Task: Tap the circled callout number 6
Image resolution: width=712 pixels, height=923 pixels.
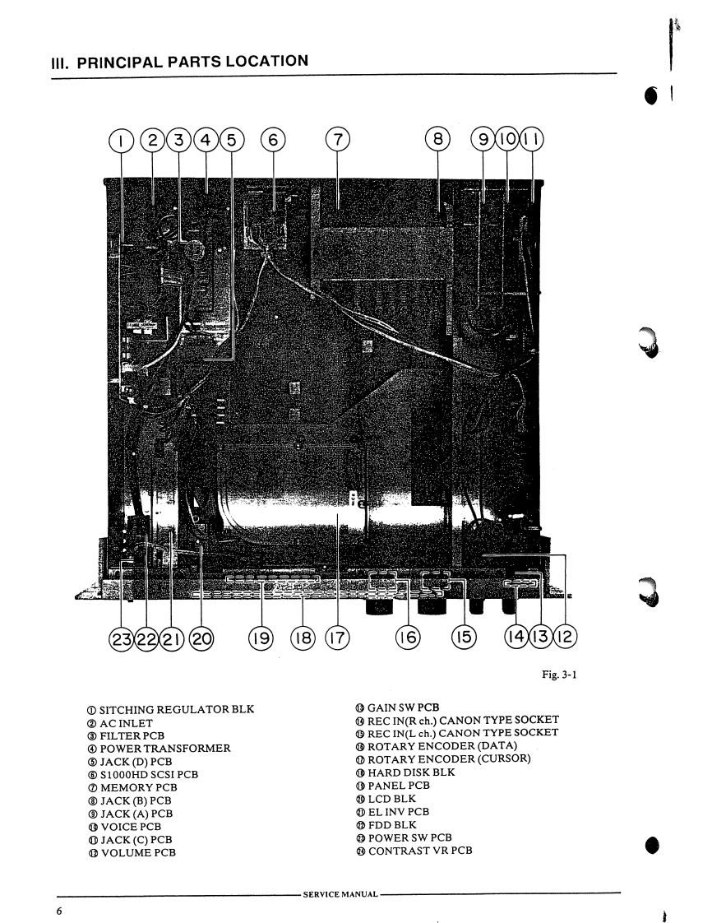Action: (x=272, y=141)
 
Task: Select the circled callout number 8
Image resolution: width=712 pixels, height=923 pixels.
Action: (x=438, y=141)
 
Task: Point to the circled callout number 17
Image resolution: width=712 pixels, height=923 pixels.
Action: (x=336, y=638)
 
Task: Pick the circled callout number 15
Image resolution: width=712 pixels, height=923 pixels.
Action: (x=465, y=638)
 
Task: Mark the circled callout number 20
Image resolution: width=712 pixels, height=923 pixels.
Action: (x=201, y=638)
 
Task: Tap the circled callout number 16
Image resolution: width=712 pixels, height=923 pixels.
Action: (x=408, y=638)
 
